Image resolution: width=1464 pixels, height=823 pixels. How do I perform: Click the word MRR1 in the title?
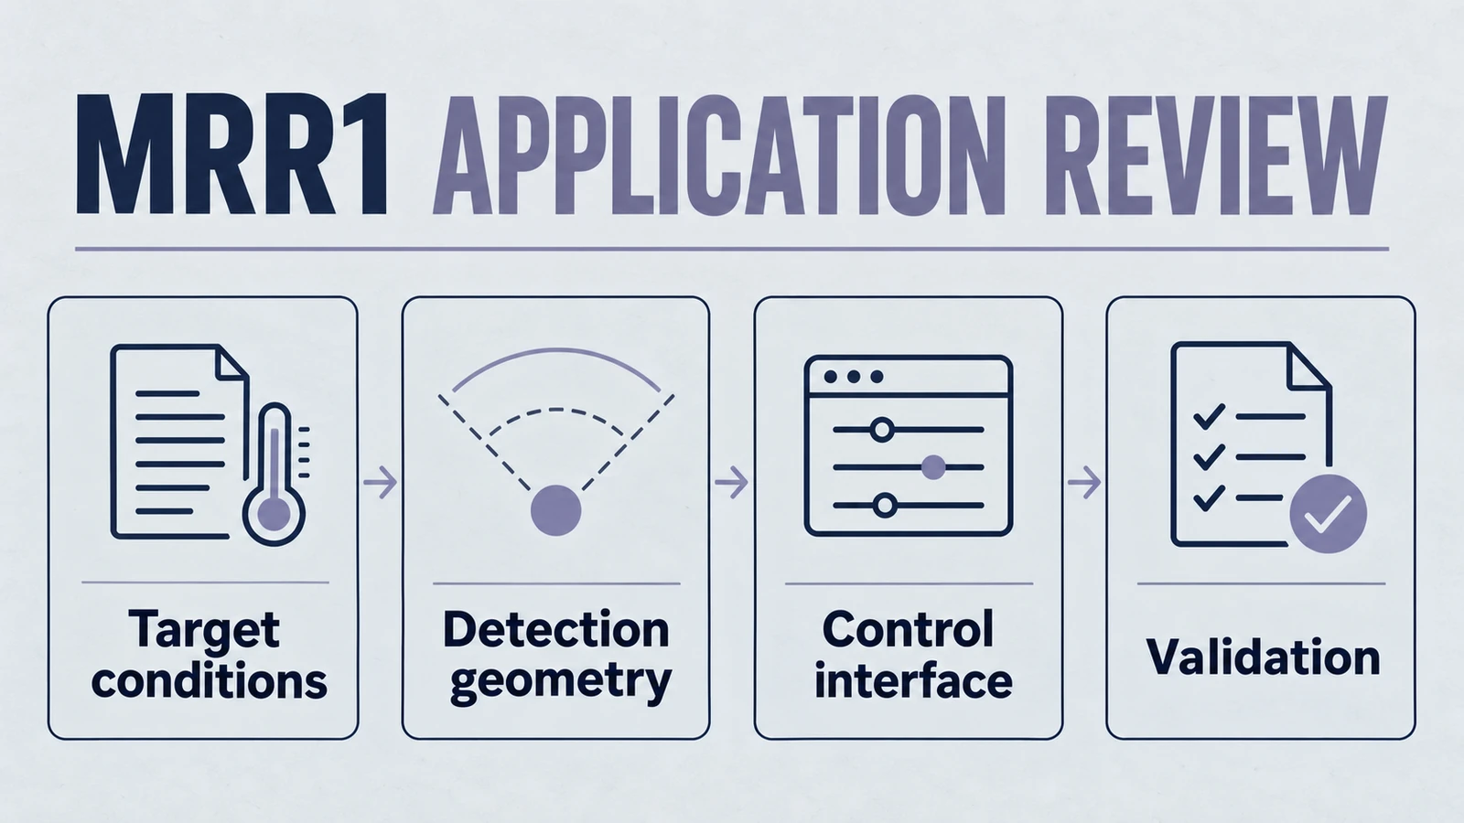point(232,155)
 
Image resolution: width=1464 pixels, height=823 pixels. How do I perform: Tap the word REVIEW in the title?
point(1216,155)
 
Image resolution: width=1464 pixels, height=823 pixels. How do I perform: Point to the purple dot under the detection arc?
point(555,510)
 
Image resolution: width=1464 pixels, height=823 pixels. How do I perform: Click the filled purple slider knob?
point(932,467)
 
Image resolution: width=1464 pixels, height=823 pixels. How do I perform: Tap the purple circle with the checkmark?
point(1328,514)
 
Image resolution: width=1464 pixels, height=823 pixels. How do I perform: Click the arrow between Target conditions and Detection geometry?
point(380,483)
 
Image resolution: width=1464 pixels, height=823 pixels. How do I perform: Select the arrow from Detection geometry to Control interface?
point(731,483)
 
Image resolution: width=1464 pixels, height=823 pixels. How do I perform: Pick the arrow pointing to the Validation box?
point(1084,484)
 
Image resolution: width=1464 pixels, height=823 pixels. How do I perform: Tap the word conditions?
point(210,681)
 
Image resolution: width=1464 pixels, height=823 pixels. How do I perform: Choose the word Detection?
point(556,629)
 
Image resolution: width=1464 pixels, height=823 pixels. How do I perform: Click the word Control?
point(908,629)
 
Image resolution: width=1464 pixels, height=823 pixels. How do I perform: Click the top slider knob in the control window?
point(882,430)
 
